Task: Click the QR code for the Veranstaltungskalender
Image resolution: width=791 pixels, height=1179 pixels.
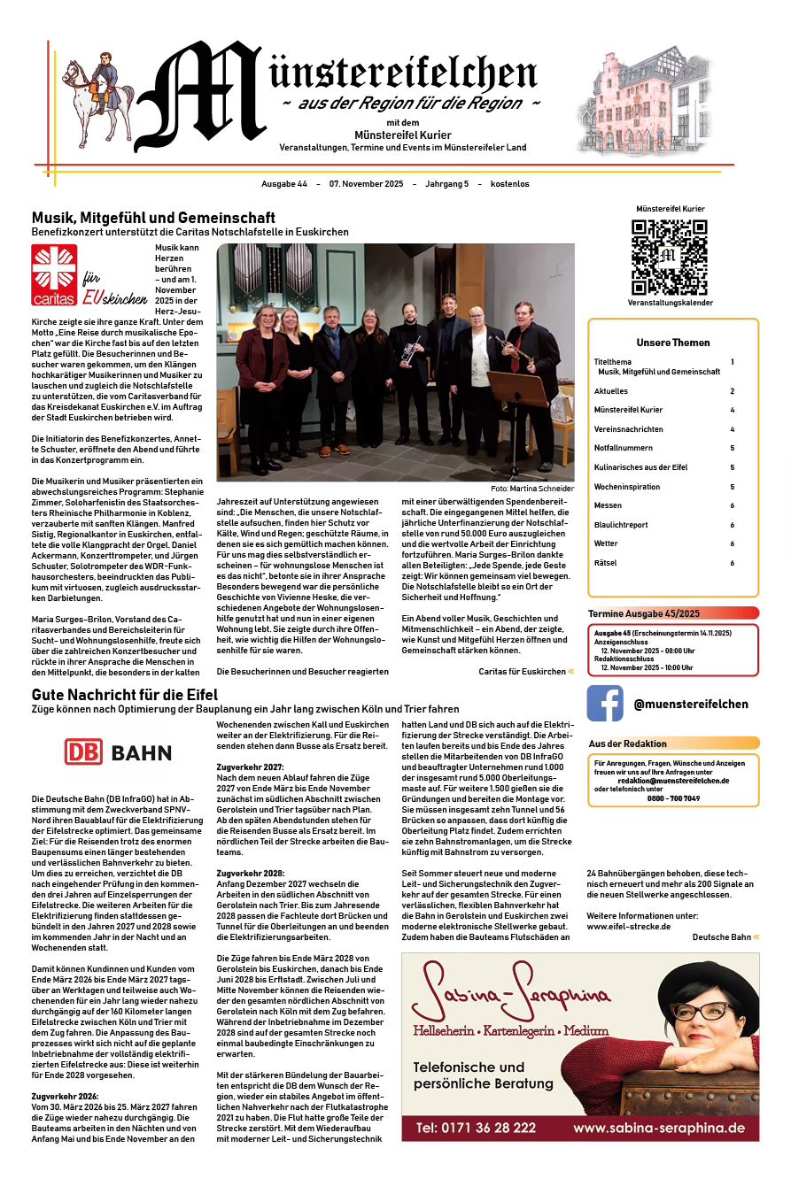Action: (669, 257)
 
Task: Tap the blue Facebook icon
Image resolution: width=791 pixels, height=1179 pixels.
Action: (605, 704)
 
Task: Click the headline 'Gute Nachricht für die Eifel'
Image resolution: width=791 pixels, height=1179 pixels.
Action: (125, 695)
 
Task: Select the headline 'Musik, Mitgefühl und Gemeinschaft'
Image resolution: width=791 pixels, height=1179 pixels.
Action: (153, 217)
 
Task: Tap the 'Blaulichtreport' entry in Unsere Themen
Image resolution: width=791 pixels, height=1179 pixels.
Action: (621, 524)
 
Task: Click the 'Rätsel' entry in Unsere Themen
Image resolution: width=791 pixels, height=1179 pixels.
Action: (605, 563)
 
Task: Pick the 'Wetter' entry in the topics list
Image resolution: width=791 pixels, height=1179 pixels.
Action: (606, 543)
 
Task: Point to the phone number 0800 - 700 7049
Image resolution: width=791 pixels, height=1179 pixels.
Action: (673, 798)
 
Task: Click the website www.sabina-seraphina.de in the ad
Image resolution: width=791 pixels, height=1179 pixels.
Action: (658, 1128)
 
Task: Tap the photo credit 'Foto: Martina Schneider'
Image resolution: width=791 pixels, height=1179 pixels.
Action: (531, 489)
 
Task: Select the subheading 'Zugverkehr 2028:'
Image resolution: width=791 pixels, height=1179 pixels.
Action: (251, 873)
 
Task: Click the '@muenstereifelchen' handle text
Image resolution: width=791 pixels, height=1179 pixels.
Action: (691, 705)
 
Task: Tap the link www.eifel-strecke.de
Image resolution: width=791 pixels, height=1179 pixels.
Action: (629, 926)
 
